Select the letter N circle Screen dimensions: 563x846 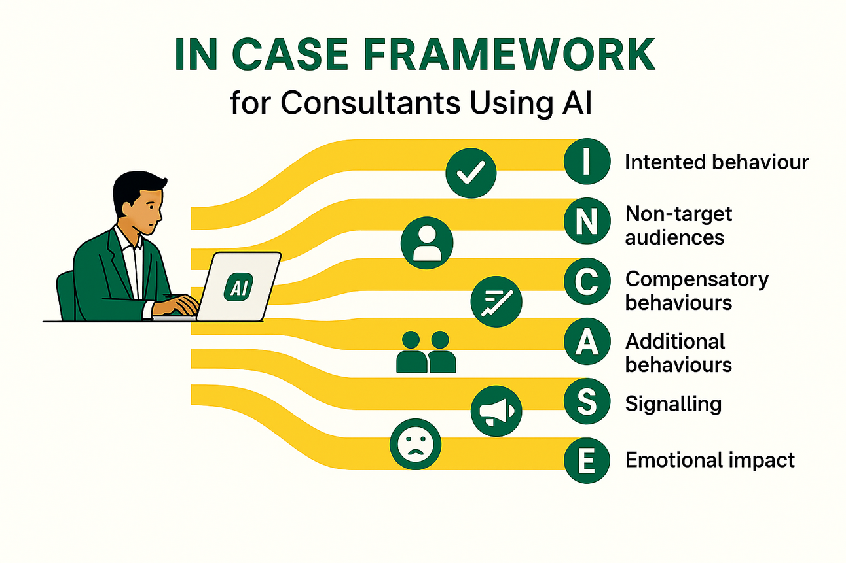click(587, 222)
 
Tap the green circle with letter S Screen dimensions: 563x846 click(587, 401)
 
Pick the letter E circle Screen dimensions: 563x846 click(587, 460)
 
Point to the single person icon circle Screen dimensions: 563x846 click(426, 242)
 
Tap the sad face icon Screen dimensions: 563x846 click(415, 445)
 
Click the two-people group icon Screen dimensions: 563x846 click(426, 352)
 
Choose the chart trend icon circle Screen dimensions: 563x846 click(497, 301)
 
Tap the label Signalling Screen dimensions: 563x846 click(673, 403)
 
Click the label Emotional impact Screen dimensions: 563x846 click(710, 460)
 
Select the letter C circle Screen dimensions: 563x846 click(587, 282)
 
